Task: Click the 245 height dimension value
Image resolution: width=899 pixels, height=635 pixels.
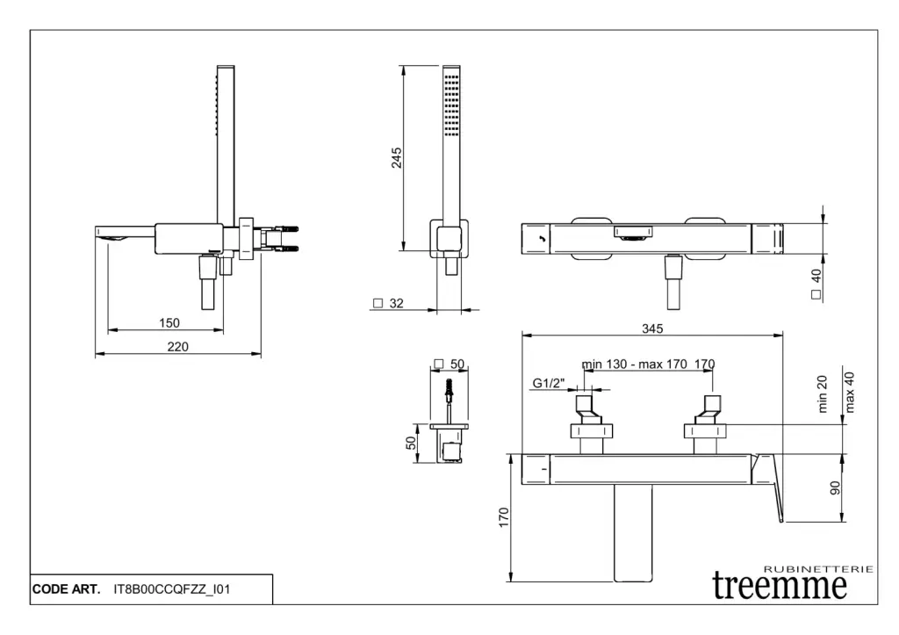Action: click(397, 158)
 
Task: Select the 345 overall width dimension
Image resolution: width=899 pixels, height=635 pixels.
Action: click(651, 328)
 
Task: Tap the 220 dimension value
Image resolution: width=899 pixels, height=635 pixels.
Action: click(177, 347)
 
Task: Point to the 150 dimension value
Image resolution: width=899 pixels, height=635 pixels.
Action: click(169, 323)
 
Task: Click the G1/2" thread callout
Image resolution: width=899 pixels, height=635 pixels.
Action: click(549, 383)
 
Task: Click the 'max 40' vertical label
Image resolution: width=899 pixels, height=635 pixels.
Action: click(849, 391)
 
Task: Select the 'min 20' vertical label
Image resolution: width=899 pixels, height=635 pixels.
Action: click(823, 394)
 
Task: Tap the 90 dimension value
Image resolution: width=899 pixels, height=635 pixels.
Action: click(835, 487)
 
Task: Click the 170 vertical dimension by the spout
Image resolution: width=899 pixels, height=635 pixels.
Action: click(503, 518)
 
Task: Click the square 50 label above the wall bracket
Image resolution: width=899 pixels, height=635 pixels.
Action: click(449, 364)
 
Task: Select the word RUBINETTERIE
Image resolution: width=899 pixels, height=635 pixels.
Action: click(819, 569)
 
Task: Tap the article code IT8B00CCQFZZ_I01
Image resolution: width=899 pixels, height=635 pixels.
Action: click(172, 589)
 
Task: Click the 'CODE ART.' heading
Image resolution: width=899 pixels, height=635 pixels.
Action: click(66, 589)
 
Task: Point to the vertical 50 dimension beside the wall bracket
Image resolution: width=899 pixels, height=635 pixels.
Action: click(411, 443)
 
